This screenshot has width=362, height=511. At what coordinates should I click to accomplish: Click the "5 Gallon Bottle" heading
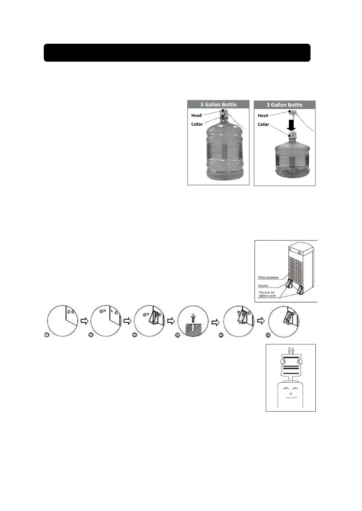pyautogui.click(x=218, y=104)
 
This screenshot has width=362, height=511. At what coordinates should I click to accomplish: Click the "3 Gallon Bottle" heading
pyautogui.click(x=284, y=105)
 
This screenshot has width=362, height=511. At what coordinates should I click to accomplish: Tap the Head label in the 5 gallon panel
pyautogui.click(x=196, y=115)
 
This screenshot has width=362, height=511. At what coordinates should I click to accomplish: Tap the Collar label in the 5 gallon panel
pyautogui.click(x=197, y=124)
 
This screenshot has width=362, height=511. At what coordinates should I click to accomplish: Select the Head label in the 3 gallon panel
pyautogui.click(x=263, y=115)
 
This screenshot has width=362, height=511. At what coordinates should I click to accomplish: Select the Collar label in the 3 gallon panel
pyautogui.click(x=263, y=124)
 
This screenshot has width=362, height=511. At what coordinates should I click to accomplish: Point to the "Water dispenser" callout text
pyautogui.click(x=268, y=277)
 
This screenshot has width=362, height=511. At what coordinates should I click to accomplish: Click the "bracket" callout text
pyautogui.click(x=263, y=286)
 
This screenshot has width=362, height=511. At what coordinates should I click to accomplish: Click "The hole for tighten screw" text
pyautogui.click(x=267, y=294)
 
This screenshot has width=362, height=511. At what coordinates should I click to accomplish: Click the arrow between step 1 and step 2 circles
pyautogui.click(x=84, y=321)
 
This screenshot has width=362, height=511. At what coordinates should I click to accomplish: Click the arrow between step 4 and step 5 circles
pyautogui.click(x=215, y=322)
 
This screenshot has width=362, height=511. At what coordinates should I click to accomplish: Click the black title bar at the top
pyautogui.click(x=177, y=53)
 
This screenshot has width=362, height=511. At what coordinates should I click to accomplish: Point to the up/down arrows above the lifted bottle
pyautogui.click(x=291, y=352)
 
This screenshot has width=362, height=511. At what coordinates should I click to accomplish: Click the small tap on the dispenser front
pyautogui.click(x=291, y=394)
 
